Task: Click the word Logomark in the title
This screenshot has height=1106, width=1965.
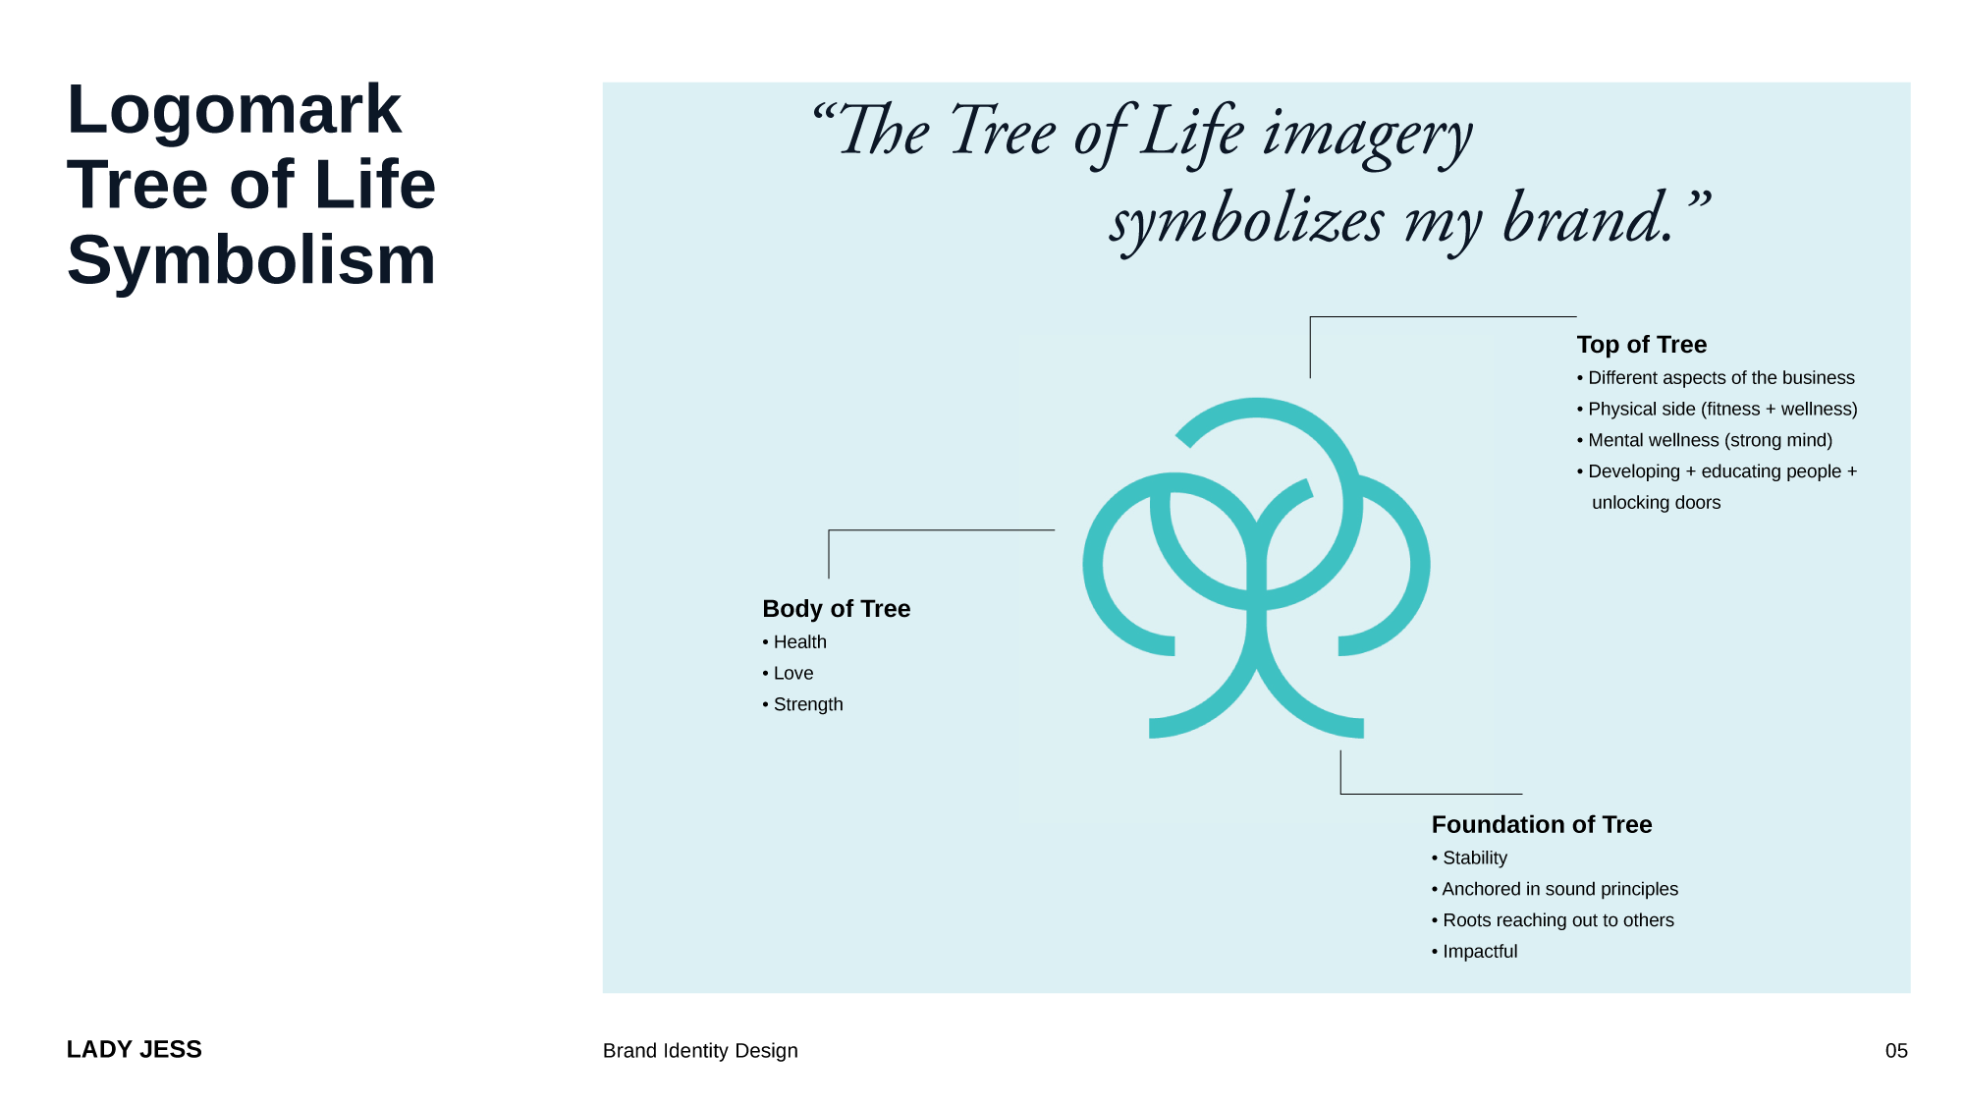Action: (234, 110)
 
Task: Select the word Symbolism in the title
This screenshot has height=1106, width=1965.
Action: (251, 261)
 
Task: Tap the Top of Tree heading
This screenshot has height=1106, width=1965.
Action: (1641, 345)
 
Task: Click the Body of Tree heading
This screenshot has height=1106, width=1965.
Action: (836, 609)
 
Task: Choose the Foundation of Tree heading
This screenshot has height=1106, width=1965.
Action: (1541, 825)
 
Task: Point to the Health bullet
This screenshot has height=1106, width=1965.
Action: (798, 642)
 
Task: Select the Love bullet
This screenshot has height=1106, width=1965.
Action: (792, 674)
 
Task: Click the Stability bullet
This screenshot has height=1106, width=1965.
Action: (1473, 858)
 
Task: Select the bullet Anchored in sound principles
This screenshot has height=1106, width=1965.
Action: (1558, 890)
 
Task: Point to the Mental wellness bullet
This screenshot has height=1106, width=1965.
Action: (1709, 441)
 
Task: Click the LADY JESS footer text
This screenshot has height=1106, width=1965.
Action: (135, 1050)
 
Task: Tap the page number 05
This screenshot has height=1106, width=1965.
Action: (1895, 1051)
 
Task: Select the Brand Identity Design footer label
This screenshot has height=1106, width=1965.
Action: (700, 1051)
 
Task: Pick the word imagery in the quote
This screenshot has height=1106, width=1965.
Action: (1367, 134)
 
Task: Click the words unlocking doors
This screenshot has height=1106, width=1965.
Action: (1656, 503)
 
